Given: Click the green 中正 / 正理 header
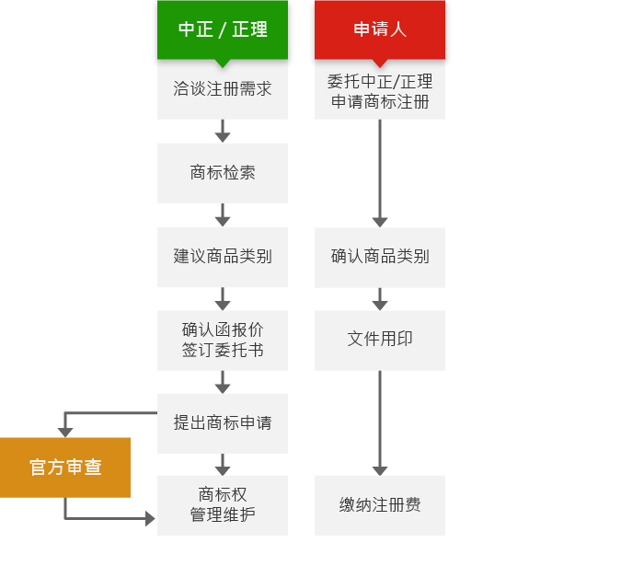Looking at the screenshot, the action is click(x=223, y=30).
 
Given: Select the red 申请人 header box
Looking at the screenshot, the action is click(x=380, y=30).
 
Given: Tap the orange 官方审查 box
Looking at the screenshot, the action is click(x=65, y=468).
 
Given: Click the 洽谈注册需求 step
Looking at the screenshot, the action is click(x=223, y=89).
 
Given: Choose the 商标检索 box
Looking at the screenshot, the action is click(x=223, y=173).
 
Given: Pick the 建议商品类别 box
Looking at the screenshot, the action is click(x=223, y=257).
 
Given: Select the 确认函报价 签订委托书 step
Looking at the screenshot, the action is click(x=223, y=341).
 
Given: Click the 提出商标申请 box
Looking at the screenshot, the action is click(x=223, y=423).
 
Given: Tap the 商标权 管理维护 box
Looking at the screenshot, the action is click(x=223, y=505).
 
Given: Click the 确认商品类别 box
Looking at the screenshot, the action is click(x=380, y=257).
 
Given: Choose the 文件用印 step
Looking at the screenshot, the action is click(x=380, y=341).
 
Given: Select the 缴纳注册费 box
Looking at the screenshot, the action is click(x=380, y=505).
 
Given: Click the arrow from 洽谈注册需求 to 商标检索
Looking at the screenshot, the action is click(x=223, y=131).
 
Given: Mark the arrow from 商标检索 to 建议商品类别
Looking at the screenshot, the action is click(x=223, y=214).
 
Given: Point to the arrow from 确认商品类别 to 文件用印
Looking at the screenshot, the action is click(x=380, y=299).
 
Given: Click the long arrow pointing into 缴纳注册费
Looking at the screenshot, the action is click(x=380, y=423).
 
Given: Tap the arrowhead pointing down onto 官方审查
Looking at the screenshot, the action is click(x=65, y=433).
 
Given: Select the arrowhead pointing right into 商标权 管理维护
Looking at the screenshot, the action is click(x=150, y=519).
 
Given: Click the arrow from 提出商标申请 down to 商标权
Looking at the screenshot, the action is click(x=223, y=465).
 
